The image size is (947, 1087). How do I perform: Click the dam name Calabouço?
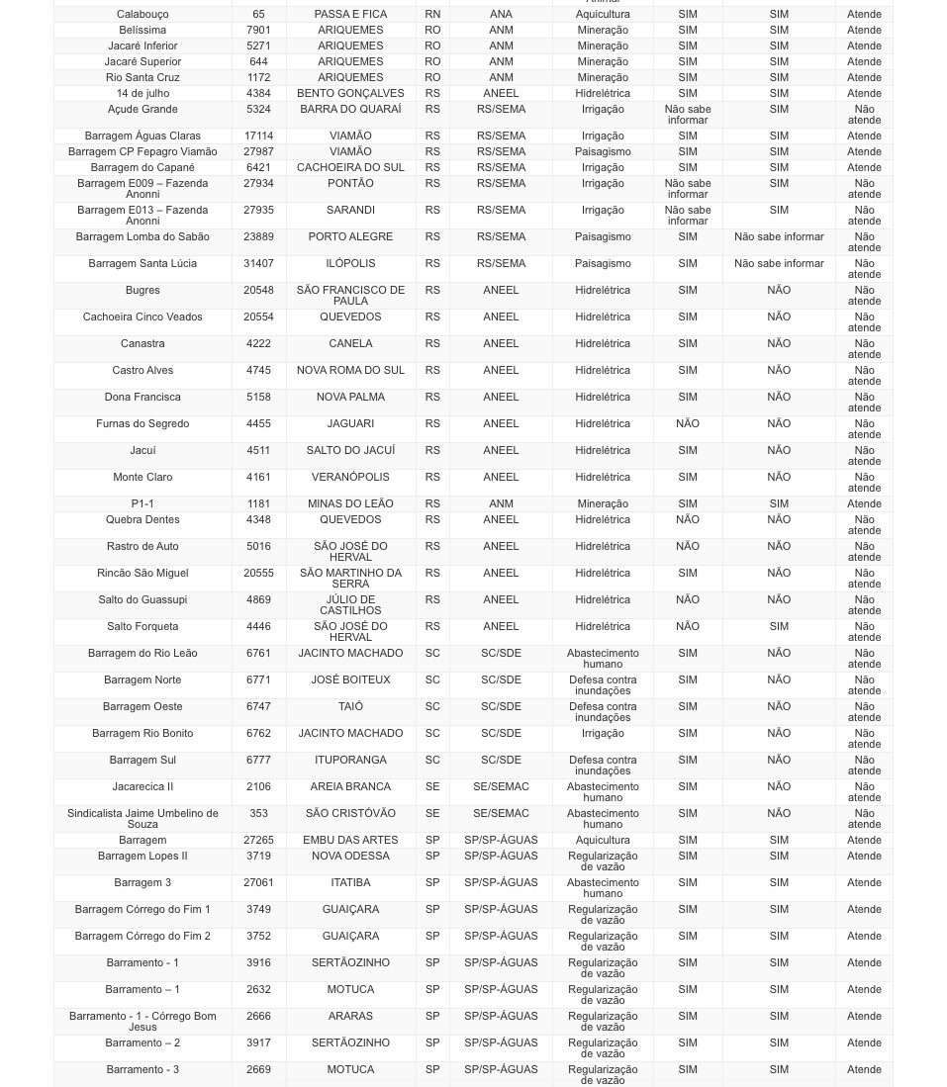point(142,15)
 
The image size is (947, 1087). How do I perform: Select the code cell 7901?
point(258,31)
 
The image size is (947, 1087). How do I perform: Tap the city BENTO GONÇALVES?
point(350,94)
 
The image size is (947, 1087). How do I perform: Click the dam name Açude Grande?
point(142,110)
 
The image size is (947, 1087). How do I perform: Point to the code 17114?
point(258,136)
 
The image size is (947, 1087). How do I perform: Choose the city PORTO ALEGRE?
point(350,237)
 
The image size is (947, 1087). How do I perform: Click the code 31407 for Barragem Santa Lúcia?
point(258,264)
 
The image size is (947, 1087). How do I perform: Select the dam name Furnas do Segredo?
point(142,424)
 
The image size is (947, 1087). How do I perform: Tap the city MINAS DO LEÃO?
point(350,504)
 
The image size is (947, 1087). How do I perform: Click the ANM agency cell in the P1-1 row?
point(501,504)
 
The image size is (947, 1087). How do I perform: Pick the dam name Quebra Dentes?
point(142,520)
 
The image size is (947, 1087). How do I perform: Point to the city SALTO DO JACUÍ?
point(350,451)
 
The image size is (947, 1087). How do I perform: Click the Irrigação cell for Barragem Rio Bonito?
point(603,734)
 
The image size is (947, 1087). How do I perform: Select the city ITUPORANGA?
point(350,761)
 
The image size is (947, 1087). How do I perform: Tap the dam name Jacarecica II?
point(142,787)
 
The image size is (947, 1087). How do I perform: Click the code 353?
point(258,814)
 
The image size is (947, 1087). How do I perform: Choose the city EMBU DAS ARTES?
point(350,841)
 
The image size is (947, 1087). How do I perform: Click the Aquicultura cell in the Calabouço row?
point(603,15)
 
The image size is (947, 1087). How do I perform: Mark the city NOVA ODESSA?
point(350,857)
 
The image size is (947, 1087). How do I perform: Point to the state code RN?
point(432,15)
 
